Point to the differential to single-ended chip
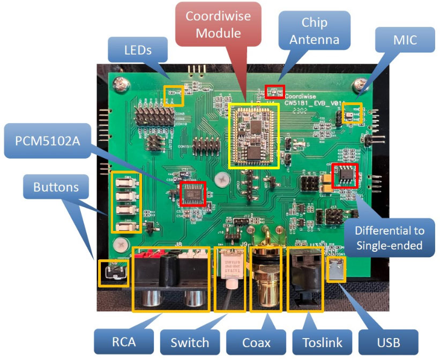tap(342, 175)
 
